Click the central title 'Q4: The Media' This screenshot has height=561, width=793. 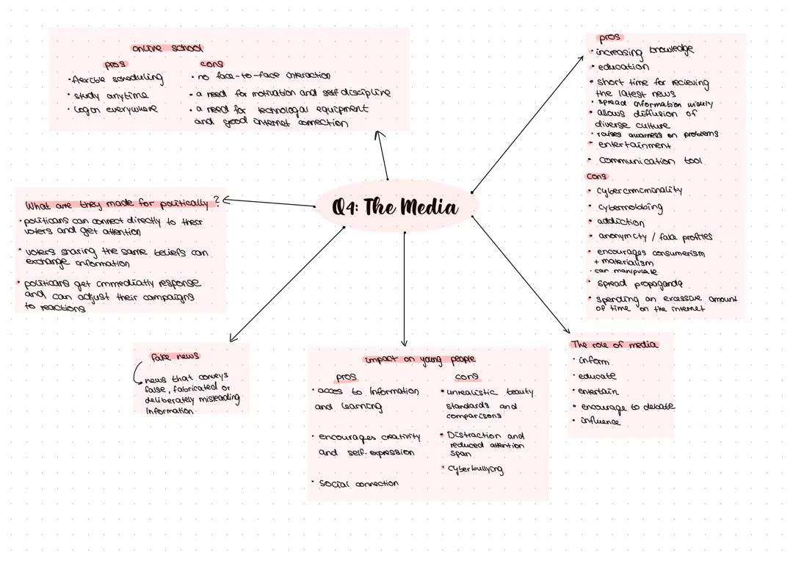396,207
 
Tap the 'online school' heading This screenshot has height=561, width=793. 167,48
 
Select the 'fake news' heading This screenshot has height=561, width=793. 175,356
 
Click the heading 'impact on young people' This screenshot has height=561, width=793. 420,359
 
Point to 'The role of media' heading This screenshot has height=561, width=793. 614,344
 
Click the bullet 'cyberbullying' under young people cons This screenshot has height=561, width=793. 475,469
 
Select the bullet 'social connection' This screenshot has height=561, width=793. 358,484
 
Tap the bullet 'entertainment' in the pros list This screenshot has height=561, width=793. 634,145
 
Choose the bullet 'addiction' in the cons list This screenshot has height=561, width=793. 620,222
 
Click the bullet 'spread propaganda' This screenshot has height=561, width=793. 639,283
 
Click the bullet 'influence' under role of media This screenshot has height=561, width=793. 600,421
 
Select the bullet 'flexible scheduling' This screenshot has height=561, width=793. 117,79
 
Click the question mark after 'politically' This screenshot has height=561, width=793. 216,201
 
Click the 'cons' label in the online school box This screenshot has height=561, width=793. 211,64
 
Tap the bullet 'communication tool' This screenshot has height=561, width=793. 650,161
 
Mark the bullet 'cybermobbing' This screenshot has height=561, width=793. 629,207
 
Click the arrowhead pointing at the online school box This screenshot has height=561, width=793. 380,134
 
